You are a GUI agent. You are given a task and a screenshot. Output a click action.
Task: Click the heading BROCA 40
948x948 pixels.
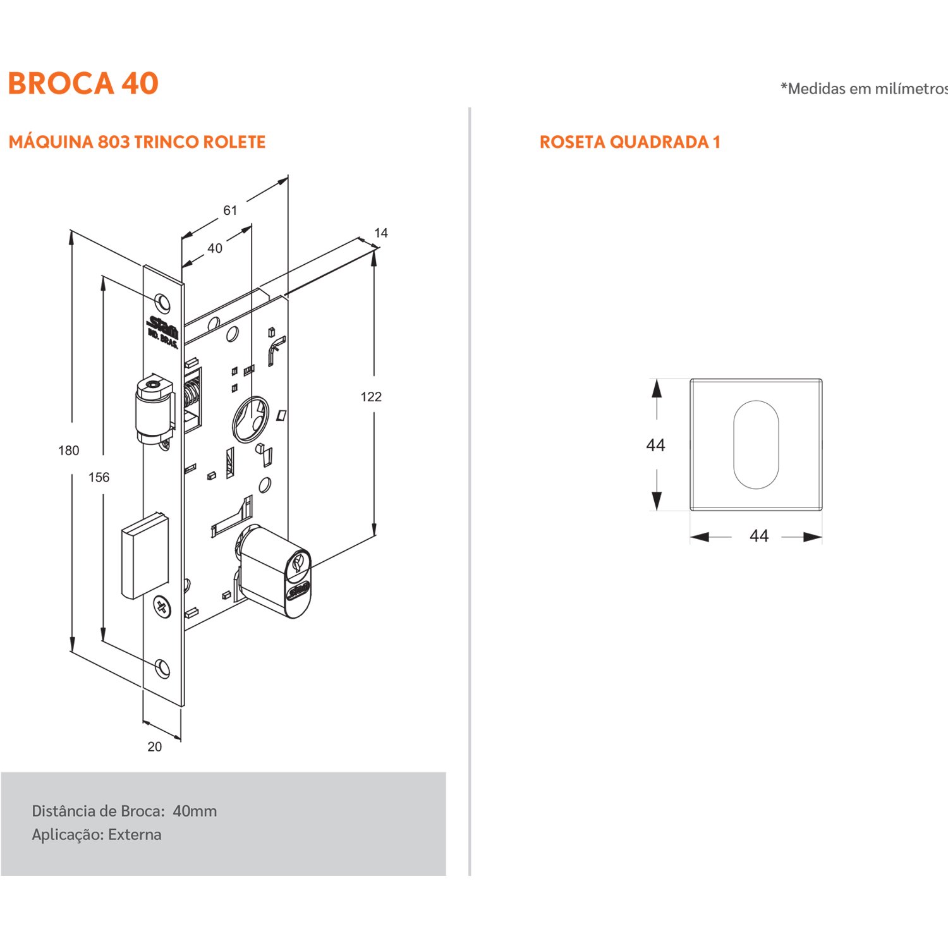tap(83, 83)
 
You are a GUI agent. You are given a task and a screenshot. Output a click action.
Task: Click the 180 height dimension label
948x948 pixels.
tap(69, 451)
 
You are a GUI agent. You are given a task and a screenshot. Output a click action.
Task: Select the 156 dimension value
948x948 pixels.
tap(99, 477)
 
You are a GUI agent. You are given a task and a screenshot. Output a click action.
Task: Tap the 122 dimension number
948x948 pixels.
tap(371, 397)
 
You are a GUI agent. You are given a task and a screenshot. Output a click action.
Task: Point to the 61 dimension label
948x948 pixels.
tap(230, 210)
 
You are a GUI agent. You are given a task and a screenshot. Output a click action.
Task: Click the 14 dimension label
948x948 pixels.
tap(380, 233)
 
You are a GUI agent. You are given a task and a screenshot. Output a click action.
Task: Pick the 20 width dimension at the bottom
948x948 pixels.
tap(154, 746)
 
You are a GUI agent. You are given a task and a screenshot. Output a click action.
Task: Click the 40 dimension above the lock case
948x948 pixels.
tap(215, 248)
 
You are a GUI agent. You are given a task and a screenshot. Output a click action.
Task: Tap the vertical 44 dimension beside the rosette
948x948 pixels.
tap(655, 446)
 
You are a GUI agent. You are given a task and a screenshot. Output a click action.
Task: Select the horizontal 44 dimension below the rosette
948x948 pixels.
tap(758, 536)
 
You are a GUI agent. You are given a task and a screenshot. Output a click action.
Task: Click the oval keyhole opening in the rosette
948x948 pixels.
tap(756, 444)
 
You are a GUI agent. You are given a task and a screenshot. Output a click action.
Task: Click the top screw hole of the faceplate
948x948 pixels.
tap(163, 302)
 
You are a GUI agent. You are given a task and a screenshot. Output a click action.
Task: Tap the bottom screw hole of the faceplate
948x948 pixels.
tap(163, 667)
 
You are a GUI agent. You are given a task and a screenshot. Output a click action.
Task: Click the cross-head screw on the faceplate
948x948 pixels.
tap(162, 607)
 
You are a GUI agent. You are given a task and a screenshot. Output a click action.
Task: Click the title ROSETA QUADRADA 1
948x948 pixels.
tap(629, 142)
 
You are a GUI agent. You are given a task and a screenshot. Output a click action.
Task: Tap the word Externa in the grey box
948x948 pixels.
tap(135, 835)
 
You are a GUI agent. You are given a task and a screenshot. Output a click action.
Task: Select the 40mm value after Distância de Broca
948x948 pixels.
tap(195, 811)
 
